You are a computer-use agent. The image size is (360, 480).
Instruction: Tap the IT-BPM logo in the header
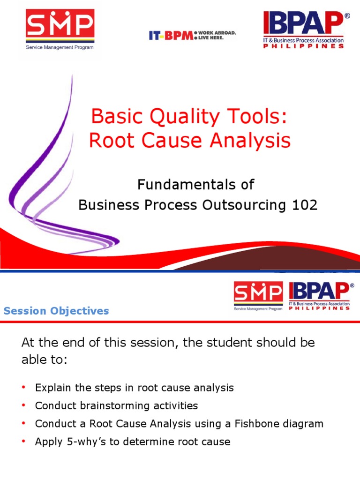171,36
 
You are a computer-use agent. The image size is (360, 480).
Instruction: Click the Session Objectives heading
56,311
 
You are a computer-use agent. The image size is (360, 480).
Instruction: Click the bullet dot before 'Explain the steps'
23,388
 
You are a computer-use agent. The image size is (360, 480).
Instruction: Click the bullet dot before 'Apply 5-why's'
23,442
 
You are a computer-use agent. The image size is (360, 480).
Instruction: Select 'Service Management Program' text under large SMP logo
60,47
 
